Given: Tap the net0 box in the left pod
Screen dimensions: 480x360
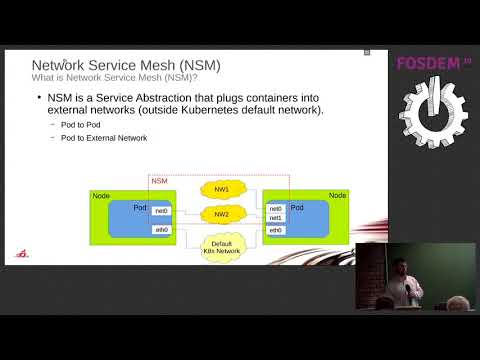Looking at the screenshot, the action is coord(161,210).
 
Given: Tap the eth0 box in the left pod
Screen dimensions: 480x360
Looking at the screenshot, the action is coord(161,229).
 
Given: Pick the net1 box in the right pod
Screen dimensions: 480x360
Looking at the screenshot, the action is coord(276,218).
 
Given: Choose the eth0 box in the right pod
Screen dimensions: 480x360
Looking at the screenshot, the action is coord(276,230).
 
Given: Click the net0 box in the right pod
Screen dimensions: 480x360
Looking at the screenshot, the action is coord(276,208).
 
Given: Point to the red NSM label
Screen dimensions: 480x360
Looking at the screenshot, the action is coord(159,181).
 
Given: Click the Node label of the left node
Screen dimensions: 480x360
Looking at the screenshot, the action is coord(102,195).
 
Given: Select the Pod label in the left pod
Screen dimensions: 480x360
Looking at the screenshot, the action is coord(141,206).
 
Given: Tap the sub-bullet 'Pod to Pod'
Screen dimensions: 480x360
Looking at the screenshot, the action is coord(81,125).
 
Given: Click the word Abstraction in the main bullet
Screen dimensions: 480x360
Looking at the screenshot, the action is coord(180,96).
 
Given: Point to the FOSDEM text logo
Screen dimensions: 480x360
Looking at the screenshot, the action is coord(433,63).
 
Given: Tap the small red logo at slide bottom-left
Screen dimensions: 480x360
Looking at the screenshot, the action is coord(23,254).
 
